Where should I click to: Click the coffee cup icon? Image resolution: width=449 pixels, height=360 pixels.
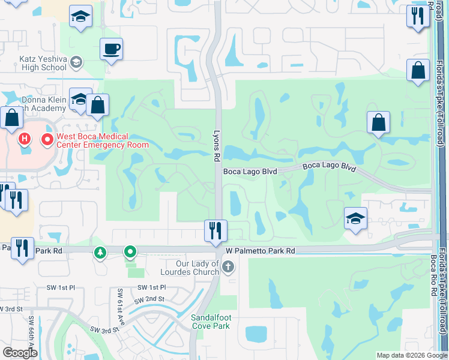[112, 49]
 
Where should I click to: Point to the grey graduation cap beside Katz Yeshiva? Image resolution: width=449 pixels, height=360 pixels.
[76, 62]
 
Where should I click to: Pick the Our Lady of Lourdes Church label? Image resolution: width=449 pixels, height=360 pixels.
[197, 268]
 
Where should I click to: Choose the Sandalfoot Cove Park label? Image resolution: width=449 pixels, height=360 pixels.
[211, 322]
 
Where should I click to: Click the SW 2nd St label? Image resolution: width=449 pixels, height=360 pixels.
[149, 299]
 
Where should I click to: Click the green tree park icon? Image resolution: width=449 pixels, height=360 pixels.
[100, 251]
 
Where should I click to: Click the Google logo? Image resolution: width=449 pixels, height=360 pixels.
[20, 353]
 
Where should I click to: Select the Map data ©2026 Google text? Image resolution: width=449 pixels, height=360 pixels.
[412, 355]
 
